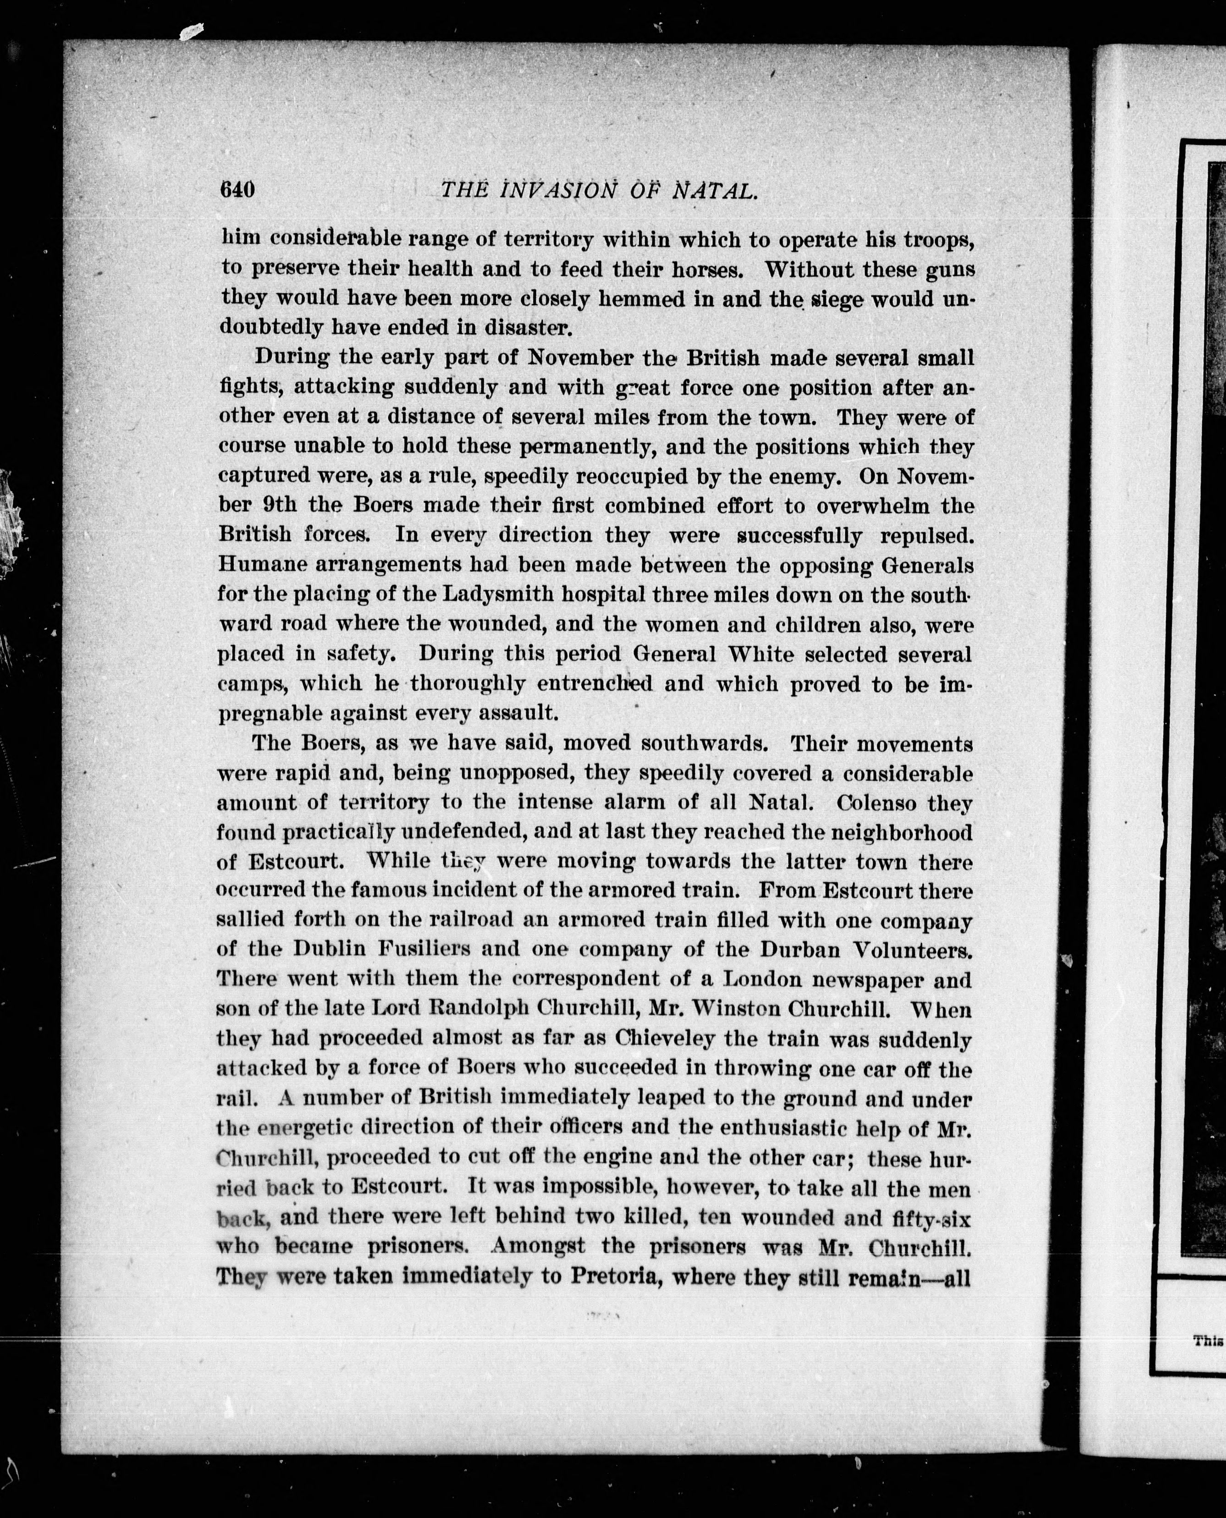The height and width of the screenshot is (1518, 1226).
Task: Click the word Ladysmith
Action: pyautogui.click(x=498, y=595)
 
